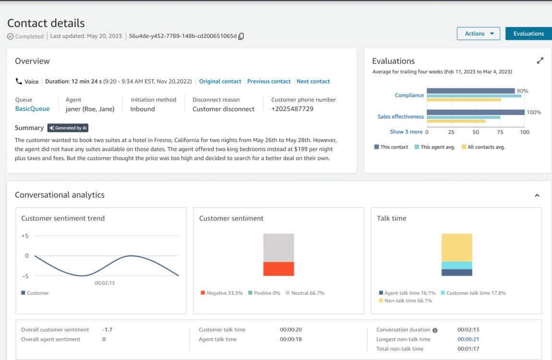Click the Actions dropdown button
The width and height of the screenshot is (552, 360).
click(x=478, y=34)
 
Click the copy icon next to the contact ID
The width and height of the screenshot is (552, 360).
click(x=241, y=36)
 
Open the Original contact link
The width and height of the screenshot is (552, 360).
click(x=220, y=82)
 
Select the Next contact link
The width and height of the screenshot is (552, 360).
click(x=313, y=82)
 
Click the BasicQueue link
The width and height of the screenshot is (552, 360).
click(x=32, y=109)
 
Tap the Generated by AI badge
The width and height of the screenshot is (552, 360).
click(x=68, y=128)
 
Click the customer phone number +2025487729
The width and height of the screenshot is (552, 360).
click(x=292, y=109)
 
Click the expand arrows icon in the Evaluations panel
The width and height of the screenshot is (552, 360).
click(x=540, y=61)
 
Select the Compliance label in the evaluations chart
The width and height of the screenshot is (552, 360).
click(x=409, y=96)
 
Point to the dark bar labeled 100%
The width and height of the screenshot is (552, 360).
click(x=475, y=112)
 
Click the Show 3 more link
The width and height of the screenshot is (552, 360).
click(x=406, y=132)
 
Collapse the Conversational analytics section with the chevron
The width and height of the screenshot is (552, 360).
click(x=537, y=195)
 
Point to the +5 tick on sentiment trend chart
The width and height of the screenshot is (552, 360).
click(x=25, y=236)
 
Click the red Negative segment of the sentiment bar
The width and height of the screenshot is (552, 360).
click(x=278, y=269)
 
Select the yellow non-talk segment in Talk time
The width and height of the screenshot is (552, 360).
click(x=456, y=247)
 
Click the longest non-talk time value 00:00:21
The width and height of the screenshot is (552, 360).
click(x=468, y=339)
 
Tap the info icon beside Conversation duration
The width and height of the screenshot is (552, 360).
click(x=435, y=330)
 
